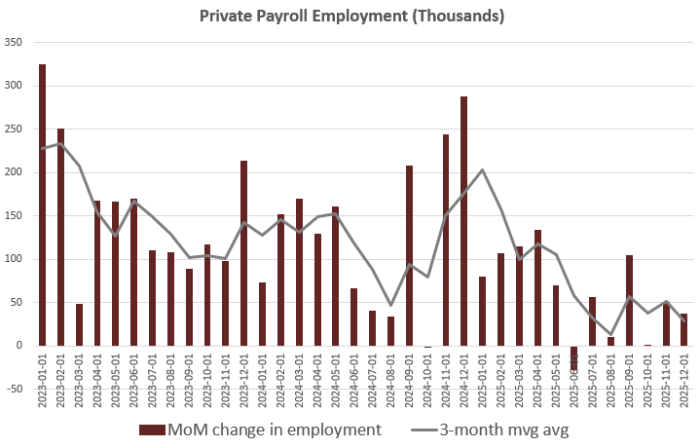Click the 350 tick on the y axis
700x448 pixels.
14,42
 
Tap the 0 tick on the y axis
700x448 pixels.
19,346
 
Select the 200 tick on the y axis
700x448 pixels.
14,172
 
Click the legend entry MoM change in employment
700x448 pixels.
259,429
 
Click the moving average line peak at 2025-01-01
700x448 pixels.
482,170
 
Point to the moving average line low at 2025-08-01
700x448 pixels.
610,334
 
